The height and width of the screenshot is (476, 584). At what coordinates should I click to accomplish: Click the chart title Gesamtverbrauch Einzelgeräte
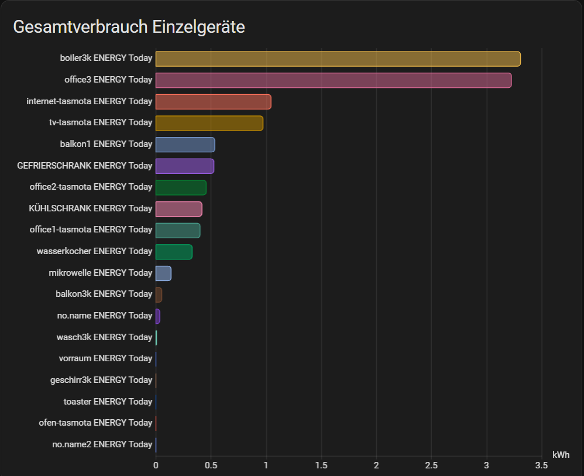pos(129,27)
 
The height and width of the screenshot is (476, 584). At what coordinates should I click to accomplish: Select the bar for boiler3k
pos(338,59)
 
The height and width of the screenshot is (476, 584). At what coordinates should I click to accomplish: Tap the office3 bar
pos(334,80)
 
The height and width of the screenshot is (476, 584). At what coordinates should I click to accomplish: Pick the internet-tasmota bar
pos(213,101)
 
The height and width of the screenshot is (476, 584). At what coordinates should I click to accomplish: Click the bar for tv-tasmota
pos(209,123)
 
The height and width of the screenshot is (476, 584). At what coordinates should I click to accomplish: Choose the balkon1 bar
pos(185,145)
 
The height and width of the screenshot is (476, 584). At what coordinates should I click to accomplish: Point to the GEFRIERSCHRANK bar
pos(184,166)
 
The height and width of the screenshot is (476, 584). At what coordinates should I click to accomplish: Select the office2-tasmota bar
pos(181,187)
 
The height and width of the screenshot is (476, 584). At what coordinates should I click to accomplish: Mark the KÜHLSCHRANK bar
pos(178,209)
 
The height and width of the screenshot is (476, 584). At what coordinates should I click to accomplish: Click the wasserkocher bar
pos(174,252)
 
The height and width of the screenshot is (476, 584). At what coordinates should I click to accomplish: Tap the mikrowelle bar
pos(163,273)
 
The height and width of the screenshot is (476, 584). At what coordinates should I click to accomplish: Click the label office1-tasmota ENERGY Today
pos(91,230)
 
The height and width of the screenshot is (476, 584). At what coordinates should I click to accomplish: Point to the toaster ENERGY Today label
pos(108,402)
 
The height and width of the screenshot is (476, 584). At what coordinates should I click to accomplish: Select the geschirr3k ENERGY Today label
pos(101,380)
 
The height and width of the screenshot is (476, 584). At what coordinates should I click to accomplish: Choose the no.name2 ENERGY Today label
pos(102,444)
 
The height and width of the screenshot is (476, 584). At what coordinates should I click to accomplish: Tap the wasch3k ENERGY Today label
pos(104,337)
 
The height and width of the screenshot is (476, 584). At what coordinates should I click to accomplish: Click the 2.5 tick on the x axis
pos(431,465)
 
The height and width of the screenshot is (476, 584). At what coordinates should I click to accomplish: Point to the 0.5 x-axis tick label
pos(211,465)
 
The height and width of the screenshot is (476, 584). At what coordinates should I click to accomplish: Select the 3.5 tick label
pos(541,465)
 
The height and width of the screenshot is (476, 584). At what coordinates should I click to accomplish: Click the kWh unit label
pos(561,455)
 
